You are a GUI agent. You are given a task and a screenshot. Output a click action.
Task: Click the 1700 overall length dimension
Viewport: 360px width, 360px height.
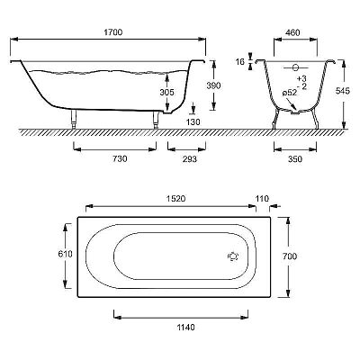click(x=113, y=32)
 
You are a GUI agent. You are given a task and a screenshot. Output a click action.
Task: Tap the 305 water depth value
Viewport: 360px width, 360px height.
click(x=166, y=92)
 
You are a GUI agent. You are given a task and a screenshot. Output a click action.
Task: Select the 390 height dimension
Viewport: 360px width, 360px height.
click(x=213, y=85)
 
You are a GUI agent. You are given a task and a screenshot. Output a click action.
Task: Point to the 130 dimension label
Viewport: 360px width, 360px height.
click(x=193, y=122)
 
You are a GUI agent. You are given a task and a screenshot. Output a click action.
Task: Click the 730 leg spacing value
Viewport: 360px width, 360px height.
click(x=120, y=158)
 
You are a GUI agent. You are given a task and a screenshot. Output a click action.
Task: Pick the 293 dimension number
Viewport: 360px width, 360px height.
click(x=190, y=159)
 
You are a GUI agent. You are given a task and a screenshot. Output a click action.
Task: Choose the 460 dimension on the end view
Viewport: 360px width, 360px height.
click(x=292, y=32)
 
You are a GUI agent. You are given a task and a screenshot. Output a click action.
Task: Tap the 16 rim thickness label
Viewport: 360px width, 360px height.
click(x=240, y=62)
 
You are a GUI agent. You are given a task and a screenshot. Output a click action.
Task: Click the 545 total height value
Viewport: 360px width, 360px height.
click(x=342, y=91)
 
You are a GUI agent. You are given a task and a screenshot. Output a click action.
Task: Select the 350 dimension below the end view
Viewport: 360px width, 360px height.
click(x=295, y=159)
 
